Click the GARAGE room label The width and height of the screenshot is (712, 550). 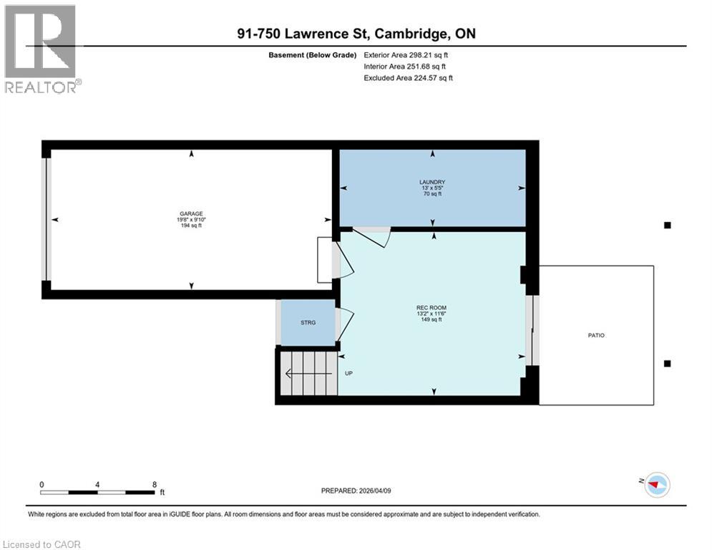[x=191, y=213]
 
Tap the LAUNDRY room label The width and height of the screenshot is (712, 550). [x=432, y=182]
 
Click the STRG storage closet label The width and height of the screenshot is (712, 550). [x=307, y=322]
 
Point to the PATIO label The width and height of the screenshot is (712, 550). [x=596, y=335]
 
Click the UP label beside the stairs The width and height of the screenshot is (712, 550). [x=349, y=373]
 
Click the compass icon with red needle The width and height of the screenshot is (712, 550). [x=656, y=485]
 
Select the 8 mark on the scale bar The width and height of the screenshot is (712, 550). [x=155, y=484]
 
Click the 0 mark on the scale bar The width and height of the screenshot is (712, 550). [x=42, y=484]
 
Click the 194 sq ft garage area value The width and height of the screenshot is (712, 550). [x=191, y=225]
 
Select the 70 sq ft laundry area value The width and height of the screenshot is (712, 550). [x=432, y=193]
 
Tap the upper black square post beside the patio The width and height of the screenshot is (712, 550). [x=668, y=225]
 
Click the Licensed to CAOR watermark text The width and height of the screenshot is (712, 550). [x=42, y=544]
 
